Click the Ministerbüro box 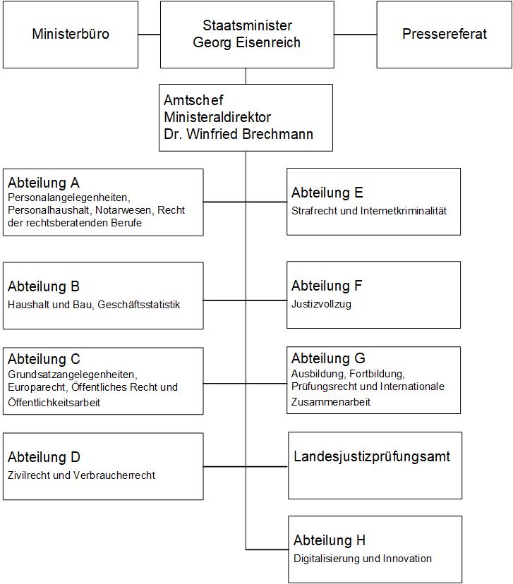(71, 35)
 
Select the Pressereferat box (445, 35)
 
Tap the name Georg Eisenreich (247, 42)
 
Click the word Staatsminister (247, 25)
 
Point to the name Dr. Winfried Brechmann (239, 134)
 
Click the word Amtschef (193, 100)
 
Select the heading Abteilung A (44, 183)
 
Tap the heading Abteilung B (44, 286)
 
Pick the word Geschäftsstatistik (139, 305)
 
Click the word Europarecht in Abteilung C (37, 387)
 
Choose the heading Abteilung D (44, 457)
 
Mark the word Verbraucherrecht (114, 475)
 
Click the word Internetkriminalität (404, 211)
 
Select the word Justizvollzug (321, 304)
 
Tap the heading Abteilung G (328, 358)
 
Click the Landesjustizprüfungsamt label (372, 456)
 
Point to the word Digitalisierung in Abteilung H (326, 559)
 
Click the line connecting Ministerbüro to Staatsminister (150, 35)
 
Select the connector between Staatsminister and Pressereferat (356, 35)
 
